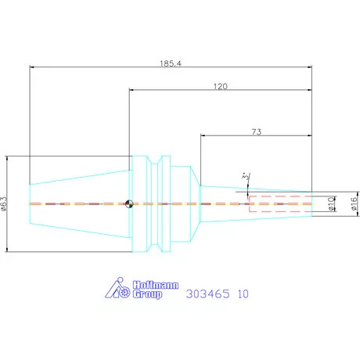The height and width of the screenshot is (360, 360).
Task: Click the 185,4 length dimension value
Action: (x=171, y=63)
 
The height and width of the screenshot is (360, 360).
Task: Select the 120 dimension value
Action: (x=221, y=86)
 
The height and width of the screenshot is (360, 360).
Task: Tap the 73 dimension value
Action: (x=257, y=132)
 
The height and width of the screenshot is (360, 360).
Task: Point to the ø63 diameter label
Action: (x=3, y=203)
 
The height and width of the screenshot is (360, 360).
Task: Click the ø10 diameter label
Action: (x=331, y=203)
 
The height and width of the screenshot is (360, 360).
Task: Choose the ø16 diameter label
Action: (x=354, y=203)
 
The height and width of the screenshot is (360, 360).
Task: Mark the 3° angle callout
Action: (x=246, y=176)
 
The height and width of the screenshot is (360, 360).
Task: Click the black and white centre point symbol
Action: (x=129, y=203)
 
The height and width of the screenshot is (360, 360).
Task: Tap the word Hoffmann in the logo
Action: (x=156, y=285)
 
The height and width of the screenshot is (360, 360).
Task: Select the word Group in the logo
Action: (x=147, y=294)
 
